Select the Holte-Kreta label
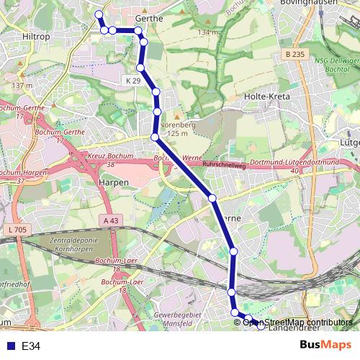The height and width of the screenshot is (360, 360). click(266, 96)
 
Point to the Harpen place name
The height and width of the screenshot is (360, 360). click(113, 182)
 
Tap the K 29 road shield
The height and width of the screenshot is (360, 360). click(132, 80)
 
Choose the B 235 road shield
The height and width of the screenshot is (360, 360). click(293, 55)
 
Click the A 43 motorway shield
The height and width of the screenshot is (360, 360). click(110, 220)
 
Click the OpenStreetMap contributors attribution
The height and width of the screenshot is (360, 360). click(297, 323)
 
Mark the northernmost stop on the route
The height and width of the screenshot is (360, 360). click(99, 14)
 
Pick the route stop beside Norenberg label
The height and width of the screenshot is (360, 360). click(157, 112)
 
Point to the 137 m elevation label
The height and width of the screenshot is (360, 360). click(22, 85)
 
